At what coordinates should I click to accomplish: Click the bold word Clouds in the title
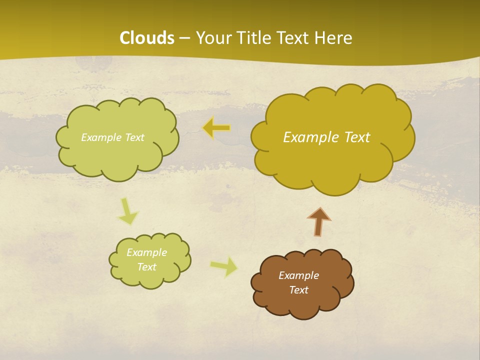click(146, 38)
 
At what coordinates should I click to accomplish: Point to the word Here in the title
click(333, 38)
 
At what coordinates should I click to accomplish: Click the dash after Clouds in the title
click(184, 38)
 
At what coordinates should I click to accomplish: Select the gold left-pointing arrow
click(216, 128)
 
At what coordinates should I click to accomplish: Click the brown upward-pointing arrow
click(319, 221)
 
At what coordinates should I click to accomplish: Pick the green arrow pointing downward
click(128, 211)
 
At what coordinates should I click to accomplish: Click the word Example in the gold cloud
click(306, 137)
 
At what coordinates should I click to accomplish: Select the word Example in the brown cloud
click(298, 275)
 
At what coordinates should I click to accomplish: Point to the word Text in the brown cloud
click(298, 290)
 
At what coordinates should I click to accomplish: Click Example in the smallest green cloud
click(146, 252)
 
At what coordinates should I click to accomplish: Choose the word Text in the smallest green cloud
click(146, 267)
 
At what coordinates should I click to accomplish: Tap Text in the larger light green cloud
click(134, 137)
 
